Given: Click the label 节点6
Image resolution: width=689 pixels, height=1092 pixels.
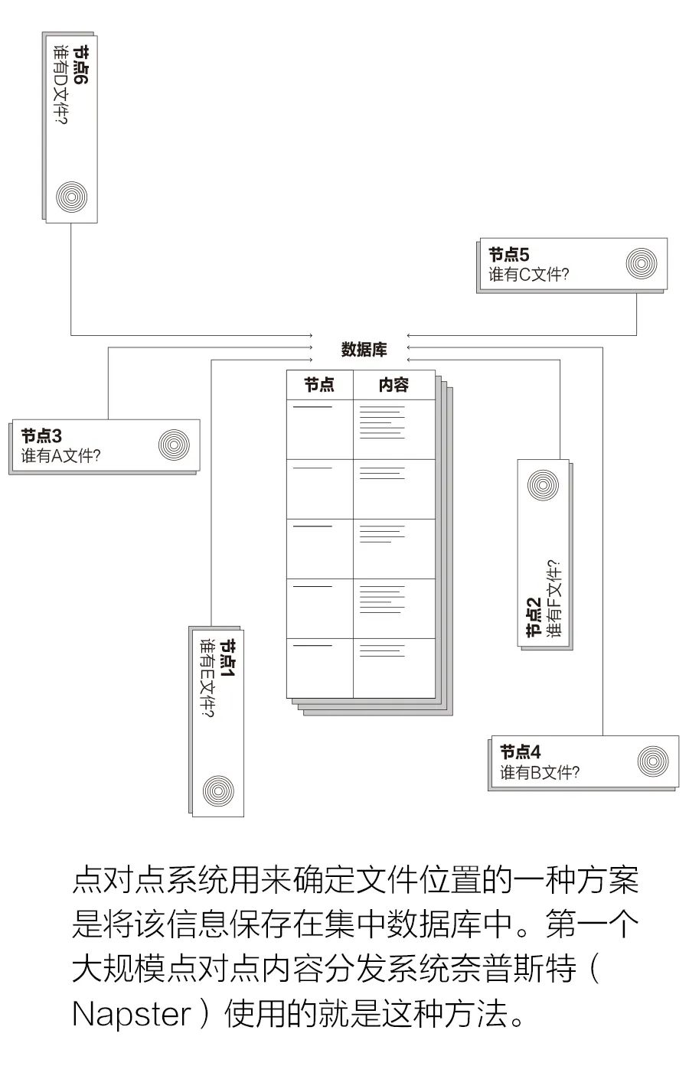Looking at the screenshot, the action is click(x=80, y=65).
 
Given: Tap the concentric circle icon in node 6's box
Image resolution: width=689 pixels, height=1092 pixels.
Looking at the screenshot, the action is click(x=72, y=197).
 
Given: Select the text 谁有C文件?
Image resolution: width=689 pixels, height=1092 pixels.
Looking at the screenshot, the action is click(x=529, y=275).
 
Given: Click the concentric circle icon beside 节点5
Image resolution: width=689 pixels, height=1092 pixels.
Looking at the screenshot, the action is click(x=642, y=263).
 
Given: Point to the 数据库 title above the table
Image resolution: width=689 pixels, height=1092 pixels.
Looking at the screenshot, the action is click(x=364, y=350).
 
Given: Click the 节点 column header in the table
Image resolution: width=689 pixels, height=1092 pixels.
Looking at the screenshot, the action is click(x=319, y=385).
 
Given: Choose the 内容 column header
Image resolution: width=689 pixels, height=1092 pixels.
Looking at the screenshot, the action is click(x=394, y=385).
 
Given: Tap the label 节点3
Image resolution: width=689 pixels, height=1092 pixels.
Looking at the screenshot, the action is click(x=41, y=435).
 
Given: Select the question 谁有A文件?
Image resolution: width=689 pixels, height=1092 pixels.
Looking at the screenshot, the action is click(x=61, y=456).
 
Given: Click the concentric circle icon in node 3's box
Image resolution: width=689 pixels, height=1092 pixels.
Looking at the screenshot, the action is click(x=174, y=445).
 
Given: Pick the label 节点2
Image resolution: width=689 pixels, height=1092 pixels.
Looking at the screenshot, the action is click(x=534, y=618).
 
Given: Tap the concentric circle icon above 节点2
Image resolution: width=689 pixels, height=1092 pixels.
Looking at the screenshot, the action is click(x=544, y=485).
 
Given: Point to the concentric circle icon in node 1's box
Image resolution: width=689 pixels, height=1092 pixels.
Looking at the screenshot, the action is click(x=218, y=790).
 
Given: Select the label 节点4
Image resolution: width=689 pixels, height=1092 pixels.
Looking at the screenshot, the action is click(x=521, y=751).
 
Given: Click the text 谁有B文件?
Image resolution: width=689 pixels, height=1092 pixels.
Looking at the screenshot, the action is click(x=540, y=772).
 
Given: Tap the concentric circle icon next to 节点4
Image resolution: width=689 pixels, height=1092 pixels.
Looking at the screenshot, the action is click(x=653, y=761).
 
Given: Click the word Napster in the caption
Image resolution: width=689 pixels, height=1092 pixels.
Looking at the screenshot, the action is click(x=131, y=1015).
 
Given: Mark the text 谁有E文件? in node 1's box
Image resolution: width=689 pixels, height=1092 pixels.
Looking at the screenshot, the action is click(x=207, y=678).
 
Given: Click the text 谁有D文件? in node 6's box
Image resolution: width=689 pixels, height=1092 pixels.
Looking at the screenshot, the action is click(x=60, y=86).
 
